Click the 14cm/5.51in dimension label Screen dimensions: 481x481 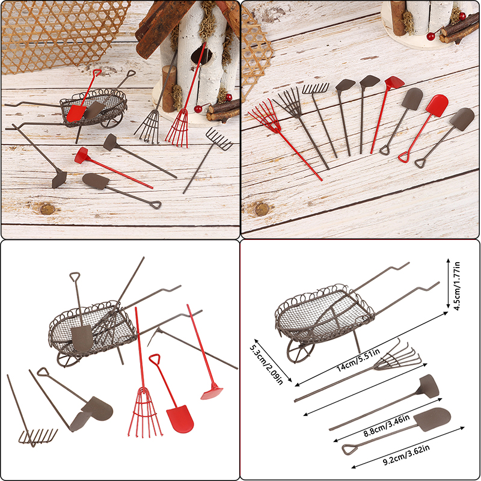coord(358,360)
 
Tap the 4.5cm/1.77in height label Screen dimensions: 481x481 coord(457,286)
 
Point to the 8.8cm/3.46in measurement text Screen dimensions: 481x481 coord(387,426)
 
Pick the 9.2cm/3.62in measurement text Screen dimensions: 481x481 coord(406,455)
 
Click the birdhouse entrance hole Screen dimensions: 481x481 coord(201,56)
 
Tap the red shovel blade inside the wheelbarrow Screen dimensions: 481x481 coord(76,113)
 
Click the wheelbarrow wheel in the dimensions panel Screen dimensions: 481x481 coord(300,352)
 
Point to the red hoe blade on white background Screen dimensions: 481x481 coord(212,394)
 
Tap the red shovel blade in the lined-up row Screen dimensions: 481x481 coord(437,106)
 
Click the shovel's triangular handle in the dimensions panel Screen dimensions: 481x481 coord(350,449)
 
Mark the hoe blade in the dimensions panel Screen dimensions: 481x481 coord(428,386)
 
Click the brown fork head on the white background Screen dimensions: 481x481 coord(38,437)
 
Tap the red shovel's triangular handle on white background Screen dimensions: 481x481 coord(155,358)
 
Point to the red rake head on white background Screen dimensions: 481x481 coord(145,412)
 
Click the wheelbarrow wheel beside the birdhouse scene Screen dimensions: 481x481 coord(112,120)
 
